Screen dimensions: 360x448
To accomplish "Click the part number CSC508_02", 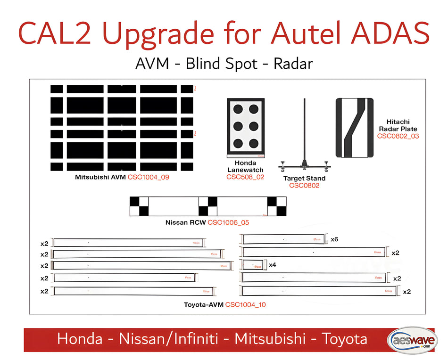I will [245, 177].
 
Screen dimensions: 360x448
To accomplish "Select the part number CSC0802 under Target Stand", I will [304, 186].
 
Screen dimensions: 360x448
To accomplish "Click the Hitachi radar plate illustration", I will [354, 128].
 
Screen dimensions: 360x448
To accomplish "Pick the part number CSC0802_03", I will [398, 136].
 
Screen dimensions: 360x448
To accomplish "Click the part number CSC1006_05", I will [228, 222].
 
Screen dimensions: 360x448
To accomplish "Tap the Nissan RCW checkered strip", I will [207, 206].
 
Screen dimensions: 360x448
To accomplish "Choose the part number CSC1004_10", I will [245, 305].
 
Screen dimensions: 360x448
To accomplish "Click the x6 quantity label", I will [334, 239].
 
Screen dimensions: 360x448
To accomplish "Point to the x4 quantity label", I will [272, 265].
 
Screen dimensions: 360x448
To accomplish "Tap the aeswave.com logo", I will [411, 339].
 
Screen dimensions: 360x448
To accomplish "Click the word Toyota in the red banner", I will [344, 339].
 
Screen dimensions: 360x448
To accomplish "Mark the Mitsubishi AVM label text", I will [100, 178].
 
